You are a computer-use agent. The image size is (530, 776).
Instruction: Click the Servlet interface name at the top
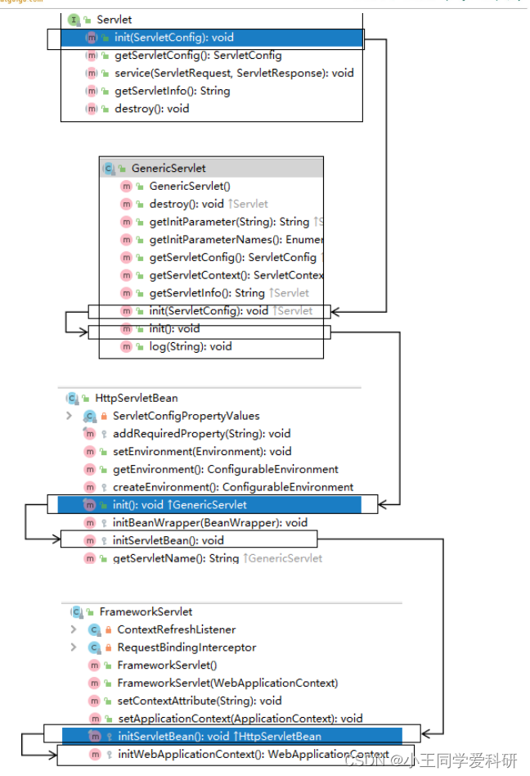(114, 19)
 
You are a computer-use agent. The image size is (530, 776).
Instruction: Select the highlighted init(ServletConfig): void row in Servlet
(174, 38)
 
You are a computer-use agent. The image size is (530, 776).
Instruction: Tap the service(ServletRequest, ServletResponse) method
(234, 73)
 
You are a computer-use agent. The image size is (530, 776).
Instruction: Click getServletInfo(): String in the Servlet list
(172, 91)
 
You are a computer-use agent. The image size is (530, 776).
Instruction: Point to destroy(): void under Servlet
(151, 109)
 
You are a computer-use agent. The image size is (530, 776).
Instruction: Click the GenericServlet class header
(168, 168)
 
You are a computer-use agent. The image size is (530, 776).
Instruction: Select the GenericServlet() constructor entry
(190, 186)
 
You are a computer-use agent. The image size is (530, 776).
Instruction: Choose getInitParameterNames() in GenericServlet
(236, 240)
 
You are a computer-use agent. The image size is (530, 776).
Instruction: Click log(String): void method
(190, 346)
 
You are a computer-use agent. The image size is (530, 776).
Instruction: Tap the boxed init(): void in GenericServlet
(174, 329)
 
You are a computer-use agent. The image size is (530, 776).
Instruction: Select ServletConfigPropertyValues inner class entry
(186, 416)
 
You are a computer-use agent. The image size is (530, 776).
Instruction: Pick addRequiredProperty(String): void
(201, 434)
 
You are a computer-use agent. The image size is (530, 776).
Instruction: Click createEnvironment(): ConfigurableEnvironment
(232, 487)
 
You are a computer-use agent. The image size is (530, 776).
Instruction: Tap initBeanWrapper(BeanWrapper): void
(209, 522)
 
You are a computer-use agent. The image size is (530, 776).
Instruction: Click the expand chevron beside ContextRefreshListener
(73, 629)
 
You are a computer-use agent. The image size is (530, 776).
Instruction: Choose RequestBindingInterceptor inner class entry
(186, 647)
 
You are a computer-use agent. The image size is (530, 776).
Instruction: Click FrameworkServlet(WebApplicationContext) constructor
(227, 683)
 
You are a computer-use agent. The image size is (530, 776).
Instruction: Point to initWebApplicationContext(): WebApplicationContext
(253, 754)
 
